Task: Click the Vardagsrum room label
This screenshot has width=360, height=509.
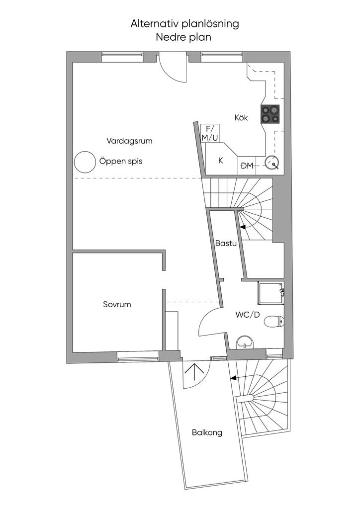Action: pos(129,141)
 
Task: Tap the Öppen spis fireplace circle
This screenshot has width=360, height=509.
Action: pos(84,161)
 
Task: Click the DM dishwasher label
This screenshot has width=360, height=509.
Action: pos(247,166)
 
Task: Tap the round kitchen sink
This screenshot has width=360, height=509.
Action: pos(271,162)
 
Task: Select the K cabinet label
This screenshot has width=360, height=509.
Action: pos(221,161)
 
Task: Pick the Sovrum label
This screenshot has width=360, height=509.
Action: pos(117,304)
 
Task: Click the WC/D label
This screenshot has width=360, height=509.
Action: pos(248,314)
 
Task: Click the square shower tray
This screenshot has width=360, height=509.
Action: pos(270,293)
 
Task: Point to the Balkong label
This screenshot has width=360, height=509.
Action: pos(207,432)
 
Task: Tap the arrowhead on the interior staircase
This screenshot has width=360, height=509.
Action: pos(242,227)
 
